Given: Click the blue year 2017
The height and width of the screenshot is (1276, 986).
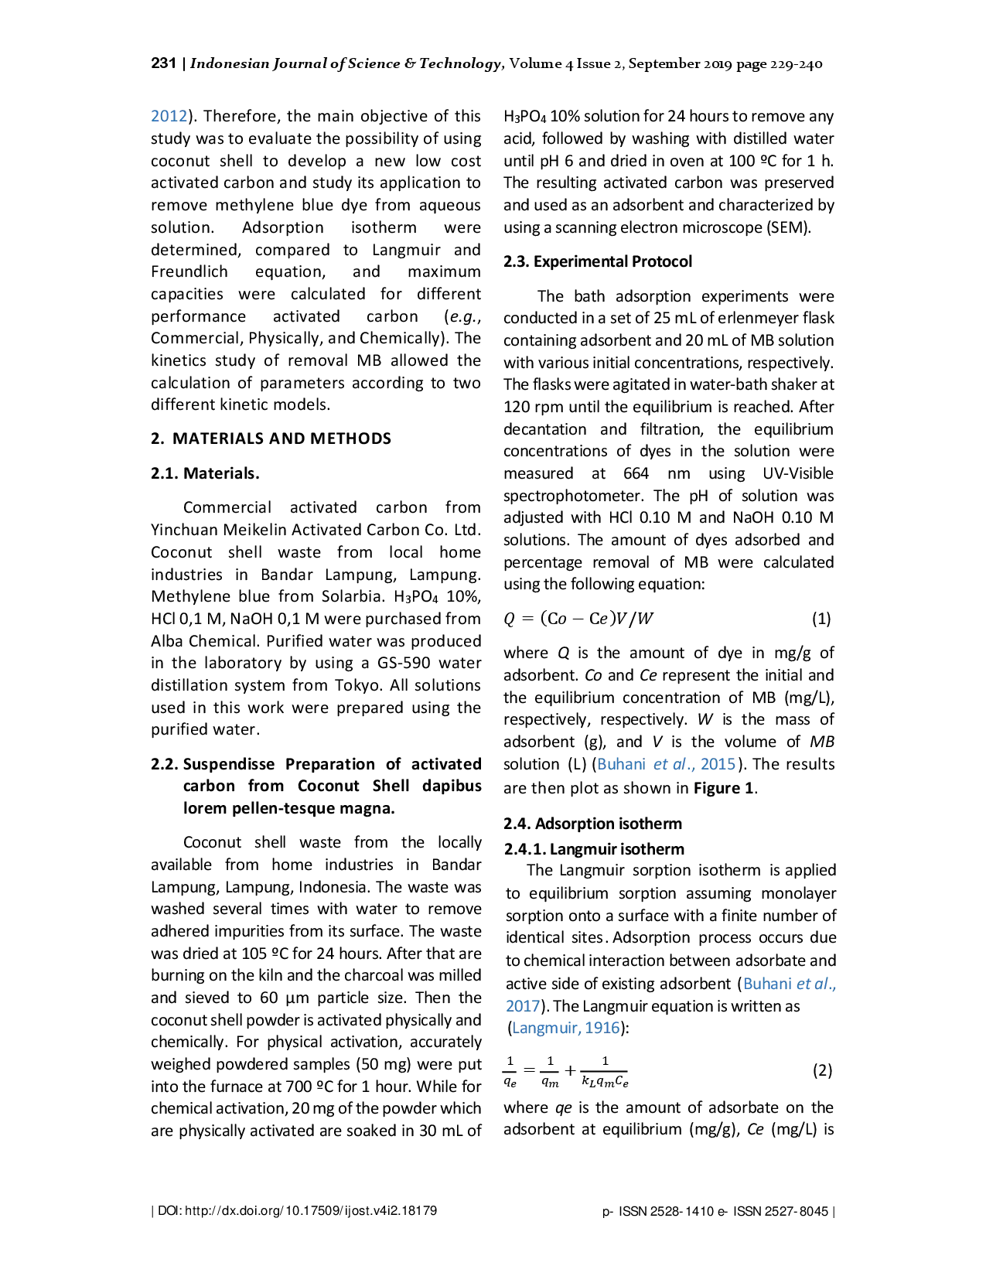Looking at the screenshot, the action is tap(520, 1006).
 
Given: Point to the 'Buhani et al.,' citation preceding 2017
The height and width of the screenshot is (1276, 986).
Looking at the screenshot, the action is tap(790, 984).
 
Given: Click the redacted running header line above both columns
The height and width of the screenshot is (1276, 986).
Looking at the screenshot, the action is tap(485, 65).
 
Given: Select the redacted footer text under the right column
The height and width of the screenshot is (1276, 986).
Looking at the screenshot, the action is tap(717, 1211).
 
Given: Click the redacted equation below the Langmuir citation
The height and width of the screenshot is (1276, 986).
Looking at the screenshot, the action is tap(566, 1071).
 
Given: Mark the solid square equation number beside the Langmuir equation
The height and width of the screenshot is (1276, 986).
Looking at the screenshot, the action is tap(822, 1070).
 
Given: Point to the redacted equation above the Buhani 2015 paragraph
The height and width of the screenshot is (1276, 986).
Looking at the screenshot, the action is tap(578, 618).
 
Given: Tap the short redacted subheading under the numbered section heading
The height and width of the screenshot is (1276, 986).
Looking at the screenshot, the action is tap(203, 473).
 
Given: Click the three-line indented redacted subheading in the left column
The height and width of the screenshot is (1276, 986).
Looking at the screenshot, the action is tap(316, 786).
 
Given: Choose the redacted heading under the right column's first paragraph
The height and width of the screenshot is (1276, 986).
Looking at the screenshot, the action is tap(596, 263).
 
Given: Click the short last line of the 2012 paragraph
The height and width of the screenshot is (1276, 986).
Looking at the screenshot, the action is tap(241, 404).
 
